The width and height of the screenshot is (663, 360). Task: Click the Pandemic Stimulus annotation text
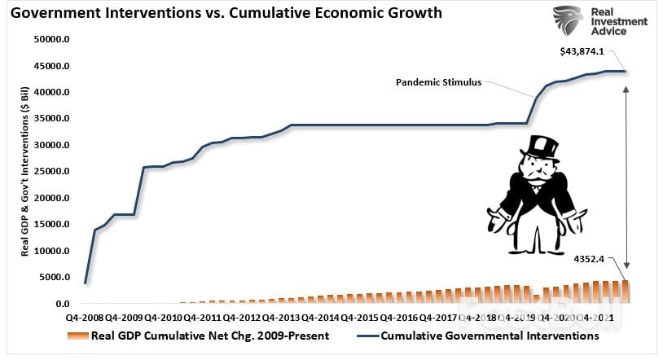[437, 82]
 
